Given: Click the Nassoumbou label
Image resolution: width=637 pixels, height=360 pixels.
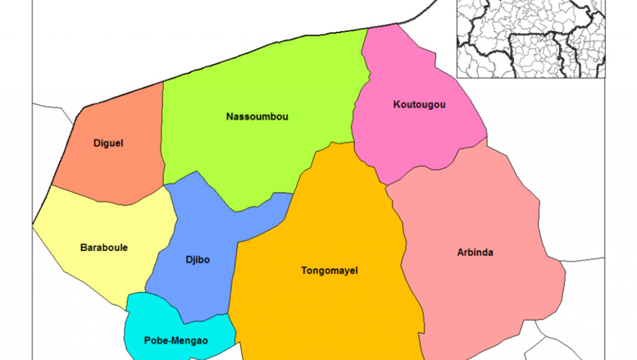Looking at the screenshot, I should coord(257,116).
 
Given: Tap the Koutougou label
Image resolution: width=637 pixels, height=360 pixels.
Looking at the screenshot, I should coord(419,104).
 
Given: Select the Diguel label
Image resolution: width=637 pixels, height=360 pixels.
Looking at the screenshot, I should coord(107,143).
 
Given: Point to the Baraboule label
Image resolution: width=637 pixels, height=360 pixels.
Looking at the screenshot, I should coord(103,247).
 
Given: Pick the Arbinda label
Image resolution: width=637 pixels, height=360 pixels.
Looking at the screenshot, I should coord(475,252).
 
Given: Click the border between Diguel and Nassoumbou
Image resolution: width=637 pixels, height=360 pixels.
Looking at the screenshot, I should coord(162,131).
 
